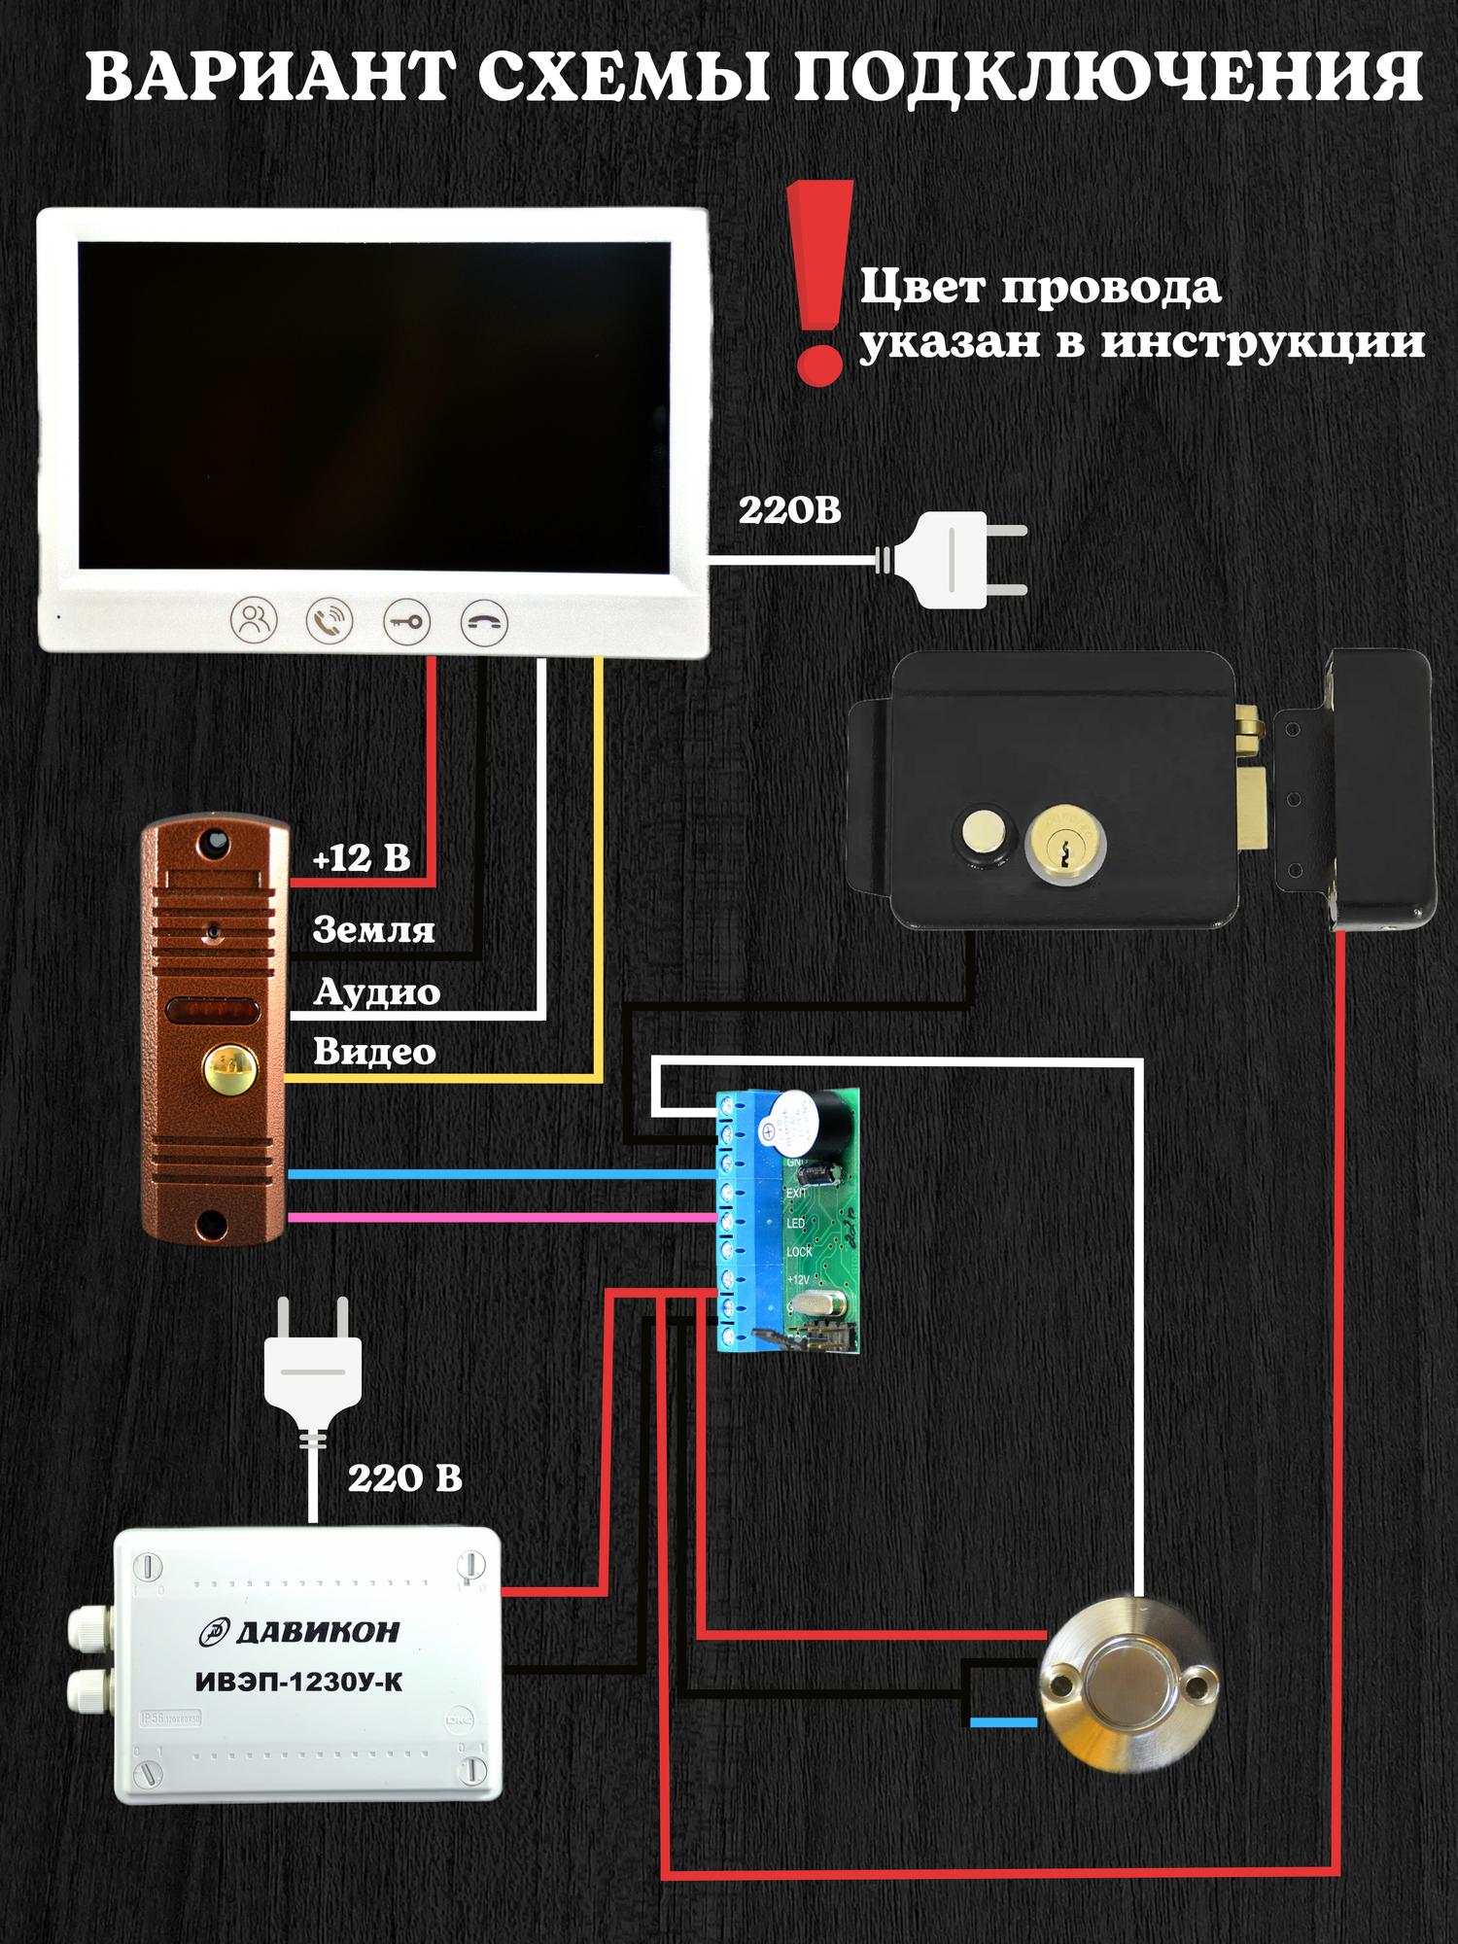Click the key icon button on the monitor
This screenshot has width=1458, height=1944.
[x=406, y=621]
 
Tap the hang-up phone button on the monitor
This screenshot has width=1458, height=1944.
[x=483, y=622]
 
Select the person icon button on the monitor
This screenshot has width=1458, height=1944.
[x=254, y=619]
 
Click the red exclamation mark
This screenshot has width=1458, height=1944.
[x=820, y=282]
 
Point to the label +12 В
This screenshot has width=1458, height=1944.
[x=361, y=858]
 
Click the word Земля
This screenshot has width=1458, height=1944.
[x=373, y=930]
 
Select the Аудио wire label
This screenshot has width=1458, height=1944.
[x=377, y=991]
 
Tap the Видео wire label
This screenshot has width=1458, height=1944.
[x=374, y=1052]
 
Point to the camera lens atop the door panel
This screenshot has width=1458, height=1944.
[x=214, y=842]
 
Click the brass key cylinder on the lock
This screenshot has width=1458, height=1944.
[x=1064, y=842]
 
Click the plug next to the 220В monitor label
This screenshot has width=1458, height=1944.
[x=957, y=561]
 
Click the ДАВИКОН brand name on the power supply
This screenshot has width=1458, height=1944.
[x=316, y=1632]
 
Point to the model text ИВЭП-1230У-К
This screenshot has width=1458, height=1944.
[x=299, y=1683]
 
